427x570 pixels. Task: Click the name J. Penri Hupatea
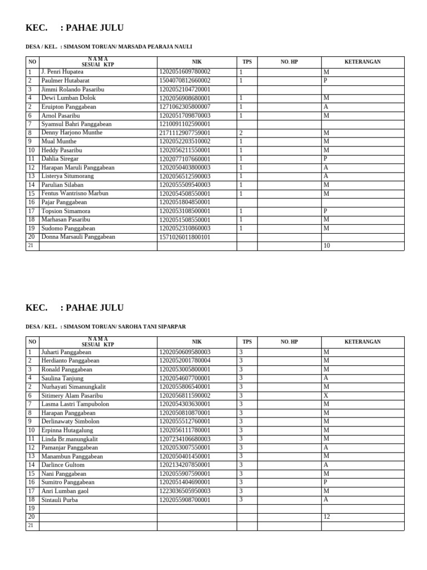click(62, 72)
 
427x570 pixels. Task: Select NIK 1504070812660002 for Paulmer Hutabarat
click(185, 80)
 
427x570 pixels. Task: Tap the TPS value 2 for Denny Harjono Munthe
click(241, 133)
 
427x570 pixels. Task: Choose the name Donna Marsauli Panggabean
click(78, 237)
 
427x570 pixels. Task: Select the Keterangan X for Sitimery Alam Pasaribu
click(326, 395)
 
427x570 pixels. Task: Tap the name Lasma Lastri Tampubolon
click(75, 404)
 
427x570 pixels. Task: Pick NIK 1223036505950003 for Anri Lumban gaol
click(185, 491)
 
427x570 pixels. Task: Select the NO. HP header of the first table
click(289, 62)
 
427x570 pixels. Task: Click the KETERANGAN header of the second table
click(362, 342)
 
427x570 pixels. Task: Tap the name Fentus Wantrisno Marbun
click(74, 193)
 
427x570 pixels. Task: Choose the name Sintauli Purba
click(59, 500)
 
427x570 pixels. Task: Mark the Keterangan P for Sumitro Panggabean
click(326, 482)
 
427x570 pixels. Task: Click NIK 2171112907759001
click(185, 133)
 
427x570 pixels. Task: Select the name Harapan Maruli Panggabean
click(78, 167)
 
